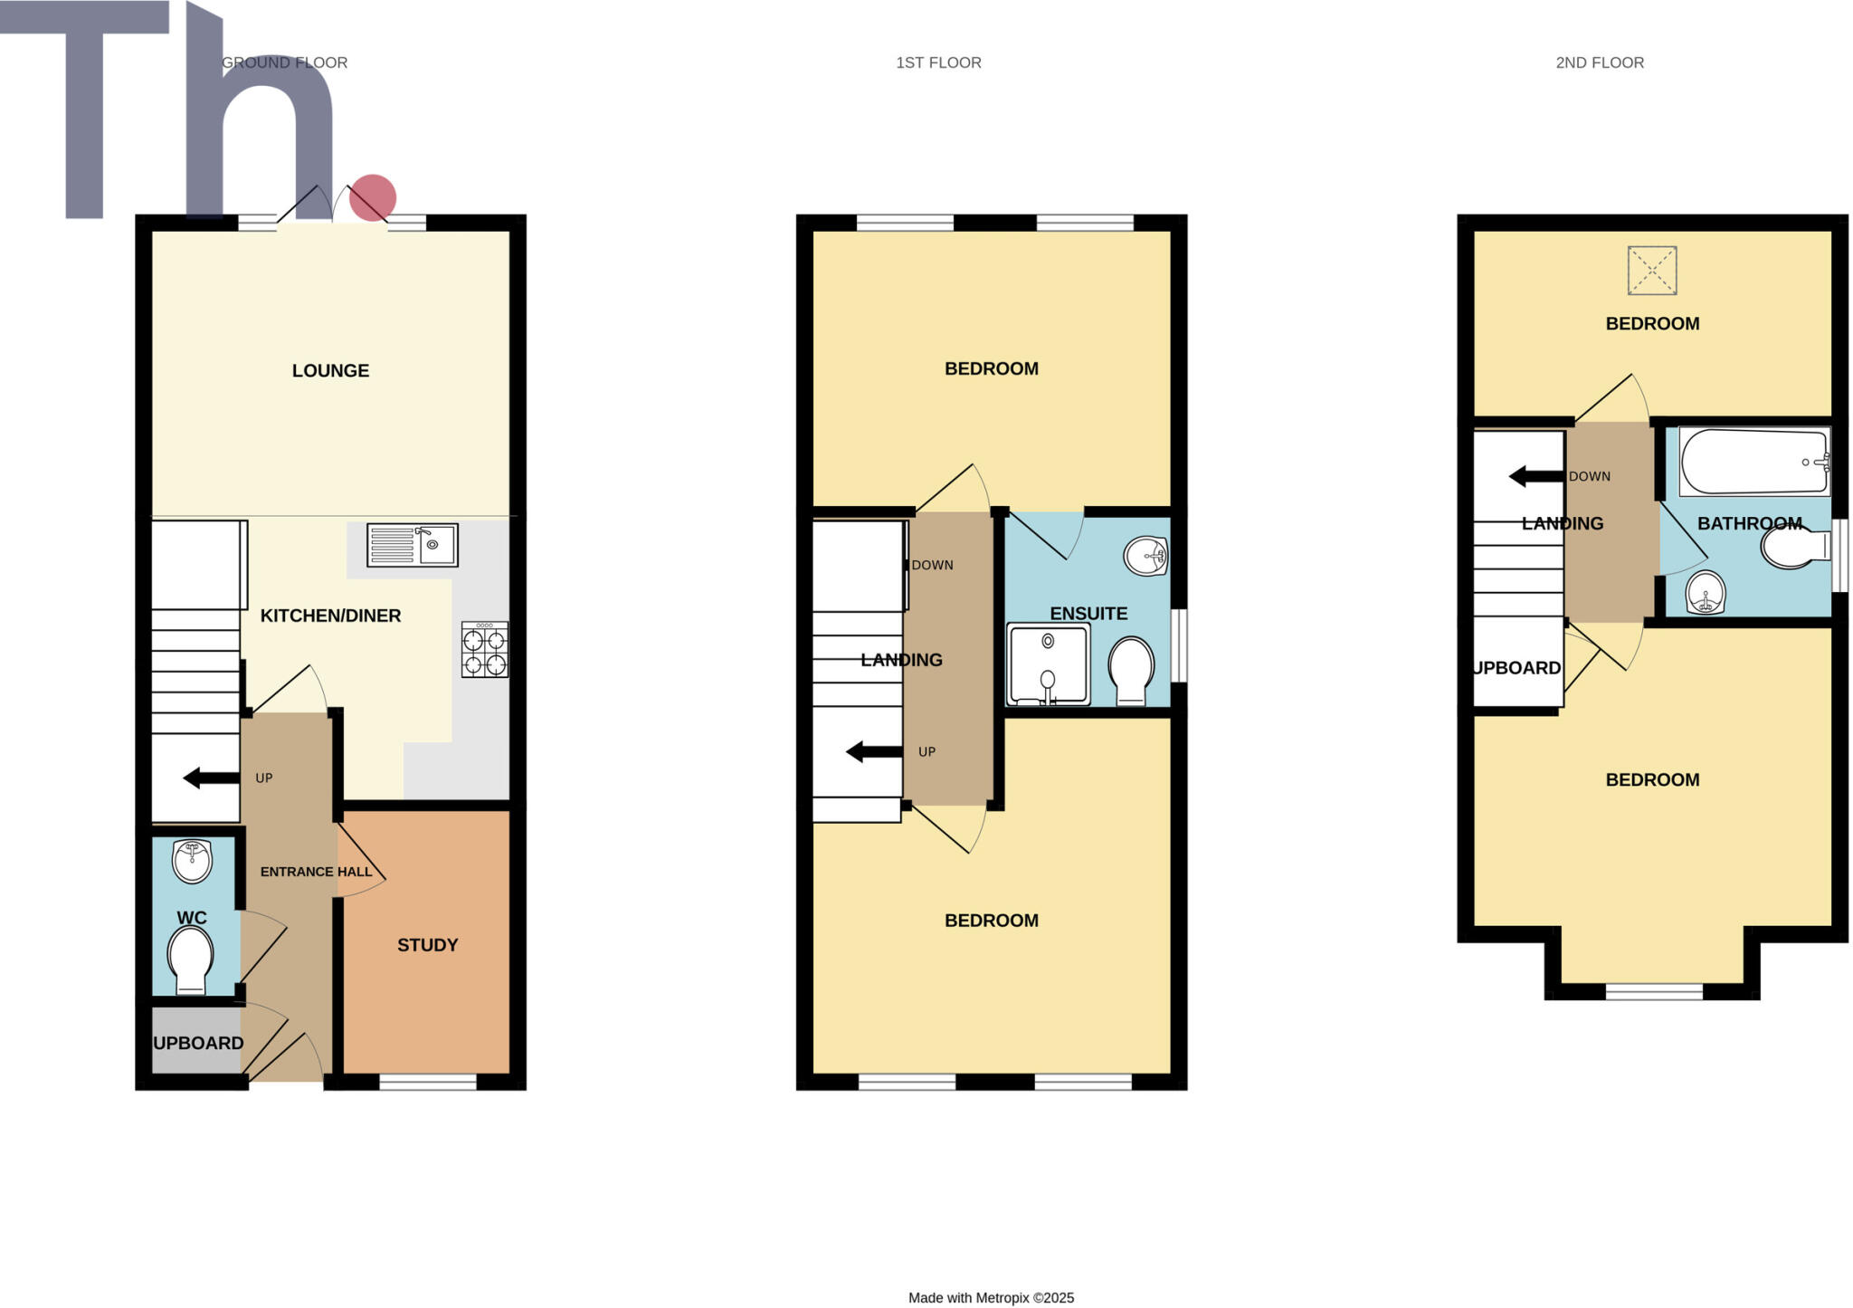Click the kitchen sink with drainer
[412, 545]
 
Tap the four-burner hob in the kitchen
[484, 650]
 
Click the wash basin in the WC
[192, 861]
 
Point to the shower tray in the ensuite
[1048, 664]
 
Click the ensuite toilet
[1131, 670]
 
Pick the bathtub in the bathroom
[1753, 463]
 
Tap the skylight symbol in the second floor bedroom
[1651, 271]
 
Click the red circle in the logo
[373, 197]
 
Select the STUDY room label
[427, 945]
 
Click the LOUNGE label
[330, 370]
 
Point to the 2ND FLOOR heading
[1599, 62]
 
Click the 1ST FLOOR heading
[938, 62]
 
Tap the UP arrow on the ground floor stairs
[211, 778]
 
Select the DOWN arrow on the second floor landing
[1536, 476]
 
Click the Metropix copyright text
[991, 1297]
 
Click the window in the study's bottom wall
[427, 1082]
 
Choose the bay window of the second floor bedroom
[1653, 992]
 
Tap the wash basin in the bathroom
[1706, 593]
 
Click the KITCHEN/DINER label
[330, 616]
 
